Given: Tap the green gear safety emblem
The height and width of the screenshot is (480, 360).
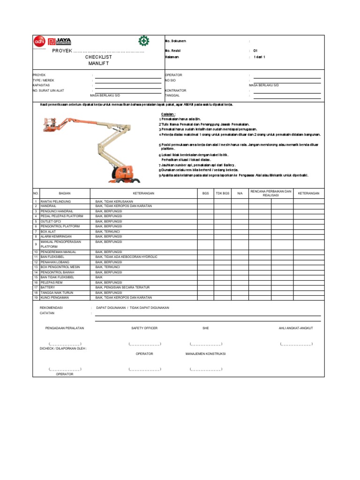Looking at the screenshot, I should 143,41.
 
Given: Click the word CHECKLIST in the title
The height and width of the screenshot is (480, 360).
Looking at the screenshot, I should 98,57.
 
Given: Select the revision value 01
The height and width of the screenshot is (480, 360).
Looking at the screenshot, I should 255,50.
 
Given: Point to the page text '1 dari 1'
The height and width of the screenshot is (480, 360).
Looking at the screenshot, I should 260,57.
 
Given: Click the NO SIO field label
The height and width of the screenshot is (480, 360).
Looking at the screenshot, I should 170,80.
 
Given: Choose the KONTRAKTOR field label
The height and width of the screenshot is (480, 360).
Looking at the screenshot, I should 175,90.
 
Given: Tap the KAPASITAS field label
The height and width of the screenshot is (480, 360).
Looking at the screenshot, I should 41,85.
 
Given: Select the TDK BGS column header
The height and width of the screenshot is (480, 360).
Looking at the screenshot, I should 222,193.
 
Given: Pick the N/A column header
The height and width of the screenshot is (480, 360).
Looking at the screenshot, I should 240,193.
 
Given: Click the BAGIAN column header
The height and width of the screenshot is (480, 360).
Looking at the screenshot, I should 64,193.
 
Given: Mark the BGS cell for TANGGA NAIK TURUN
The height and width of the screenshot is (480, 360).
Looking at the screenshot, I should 205,292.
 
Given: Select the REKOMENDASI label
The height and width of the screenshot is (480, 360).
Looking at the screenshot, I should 51,307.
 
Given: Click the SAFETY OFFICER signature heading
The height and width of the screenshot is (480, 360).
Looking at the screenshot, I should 144,328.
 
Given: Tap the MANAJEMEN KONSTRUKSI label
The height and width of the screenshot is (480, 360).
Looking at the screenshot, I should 205,353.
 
